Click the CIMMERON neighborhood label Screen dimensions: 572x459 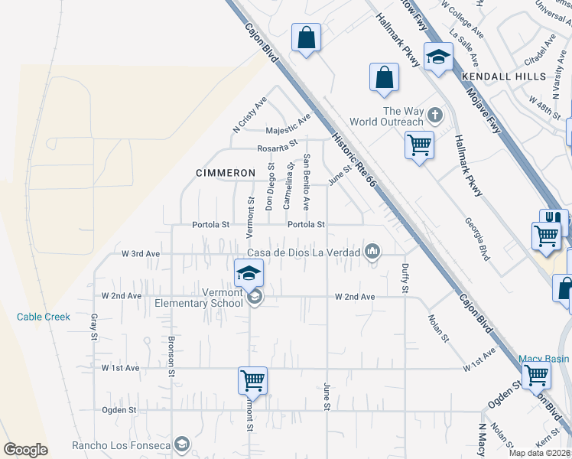pos(224,173)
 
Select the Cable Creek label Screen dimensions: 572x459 pos(44,317)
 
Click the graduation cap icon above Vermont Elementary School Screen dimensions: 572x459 pos(249,272)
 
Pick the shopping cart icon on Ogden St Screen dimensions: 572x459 pos(252,379)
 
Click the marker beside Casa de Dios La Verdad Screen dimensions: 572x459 pos(372,252)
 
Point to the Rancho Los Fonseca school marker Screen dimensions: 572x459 pos(181,444)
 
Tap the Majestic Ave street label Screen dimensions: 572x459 pos(289,125)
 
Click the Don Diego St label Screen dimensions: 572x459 pos(270,187)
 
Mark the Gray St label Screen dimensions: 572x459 pos(94,327)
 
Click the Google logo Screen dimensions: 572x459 pos(25,450)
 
